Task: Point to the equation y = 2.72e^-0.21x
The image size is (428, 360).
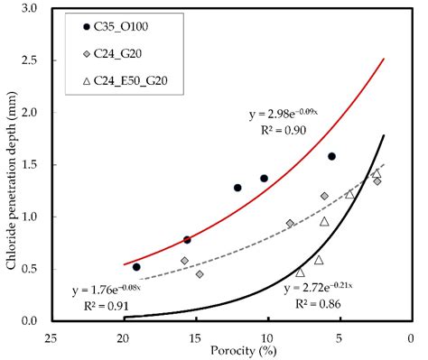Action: pyautogui.click(x=322, y=289)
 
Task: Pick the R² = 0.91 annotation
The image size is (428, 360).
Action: pyautogui.click(x=107, y=306)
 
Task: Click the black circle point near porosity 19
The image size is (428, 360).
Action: pyautogui.click(x=136, y=266)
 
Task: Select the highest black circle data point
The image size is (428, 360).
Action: pyautogui.click(x=331, y=156)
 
